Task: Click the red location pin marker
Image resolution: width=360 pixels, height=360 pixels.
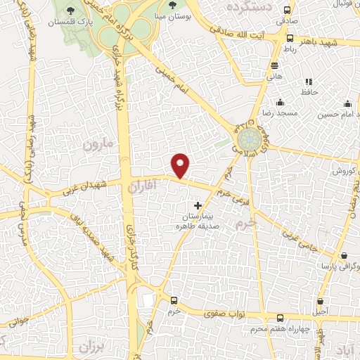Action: tap(181, 165)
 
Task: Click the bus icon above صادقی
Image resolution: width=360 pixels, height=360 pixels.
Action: tap(286, 10)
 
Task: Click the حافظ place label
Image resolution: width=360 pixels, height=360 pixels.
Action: tap(310, 92)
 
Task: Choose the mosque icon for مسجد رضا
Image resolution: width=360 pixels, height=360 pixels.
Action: tap(281, 102)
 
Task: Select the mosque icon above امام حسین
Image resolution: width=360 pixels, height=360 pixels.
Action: tap(341, 102)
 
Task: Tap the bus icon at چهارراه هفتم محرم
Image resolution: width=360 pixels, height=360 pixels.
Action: tap(281, 318)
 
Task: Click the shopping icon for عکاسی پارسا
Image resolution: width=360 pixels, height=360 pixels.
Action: tap(344, 256)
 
